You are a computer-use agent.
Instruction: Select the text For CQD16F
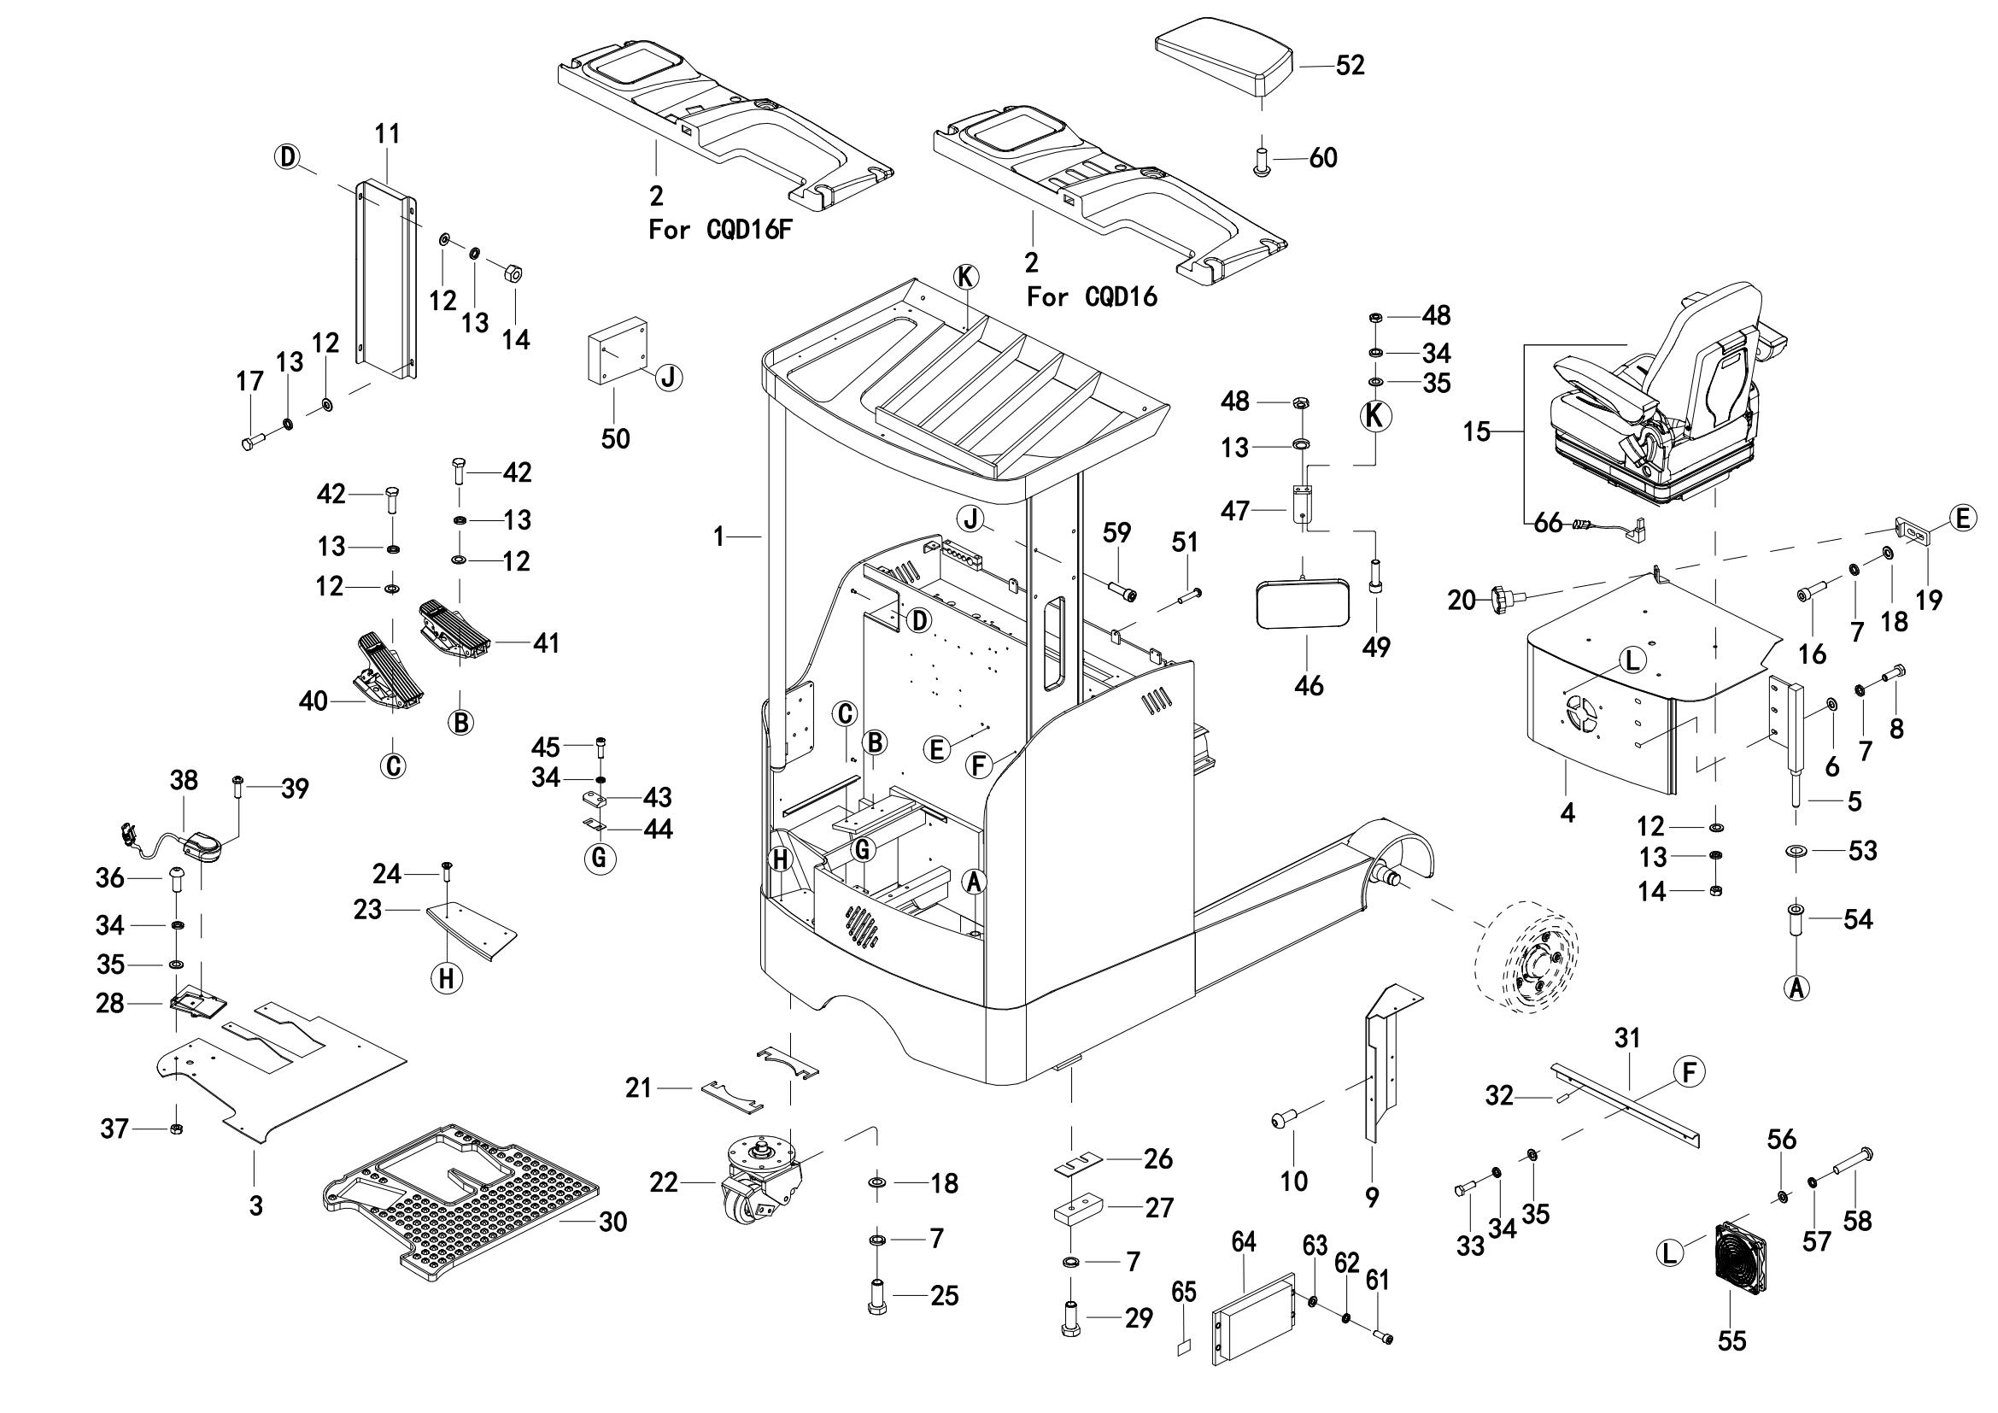click(721, 231)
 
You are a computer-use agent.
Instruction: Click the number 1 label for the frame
click(718, 537)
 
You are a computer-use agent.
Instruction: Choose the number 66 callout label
click(1548, 523)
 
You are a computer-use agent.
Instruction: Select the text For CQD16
click(1093, 297)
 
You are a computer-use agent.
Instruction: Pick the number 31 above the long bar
click(1626, 1038)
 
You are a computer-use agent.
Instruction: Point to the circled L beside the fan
click(1668, 1253)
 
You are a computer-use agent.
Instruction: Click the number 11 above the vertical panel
click(387, 134)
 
